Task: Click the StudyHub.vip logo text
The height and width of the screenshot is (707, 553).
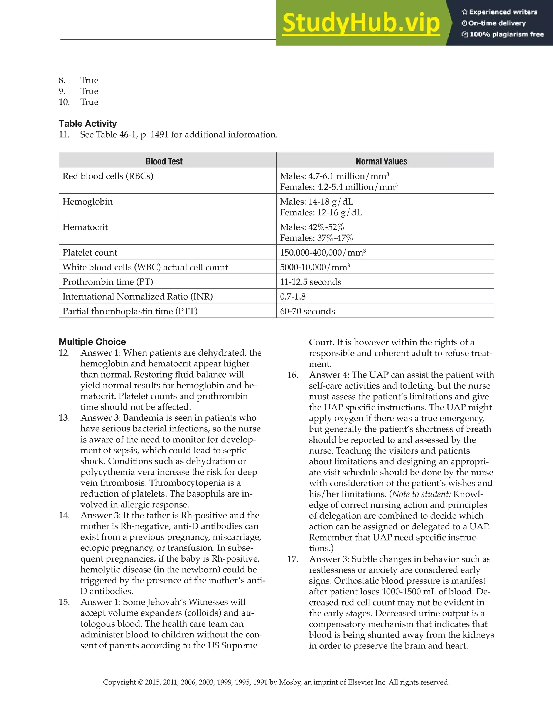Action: [361, 23]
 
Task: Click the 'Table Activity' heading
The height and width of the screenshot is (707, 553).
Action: [87, 124]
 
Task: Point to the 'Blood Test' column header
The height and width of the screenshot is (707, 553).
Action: [164, 161]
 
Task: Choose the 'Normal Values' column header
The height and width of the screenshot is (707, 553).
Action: [381, 161]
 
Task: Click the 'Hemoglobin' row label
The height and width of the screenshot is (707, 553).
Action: [87, 202]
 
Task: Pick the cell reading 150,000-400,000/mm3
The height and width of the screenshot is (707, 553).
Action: [323, 253]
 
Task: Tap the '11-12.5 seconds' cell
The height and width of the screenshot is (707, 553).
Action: [310, 282]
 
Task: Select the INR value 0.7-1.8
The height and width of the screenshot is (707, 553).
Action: [292, 297]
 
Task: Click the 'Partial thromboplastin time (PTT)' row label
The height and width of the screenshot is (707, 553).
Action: [130, 311]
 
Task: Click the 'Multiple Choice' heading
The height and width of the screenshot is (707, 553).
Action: [92, 342]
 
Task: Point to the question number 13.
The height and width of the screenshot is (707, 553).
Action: [64, 418]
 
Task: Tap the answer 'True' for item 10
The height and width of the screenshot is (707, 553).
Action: [89, 102]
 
